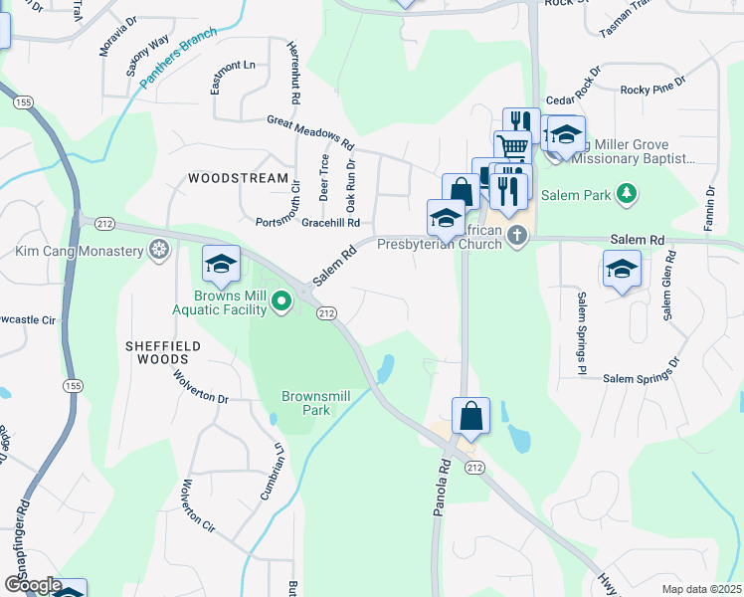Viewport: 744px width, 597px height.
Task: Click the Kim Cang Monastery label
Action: (80, 251)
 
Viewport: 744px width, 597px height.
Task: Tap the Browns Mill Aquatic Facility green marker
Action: (281, 299)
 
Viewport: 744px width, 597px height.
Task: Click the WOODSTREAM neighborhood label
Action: (230, 178)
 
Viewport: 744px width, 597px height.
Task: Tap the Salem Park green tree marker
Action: (626, 192)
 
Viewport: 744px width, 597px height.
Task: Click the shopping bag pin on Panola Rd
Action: (470, 416)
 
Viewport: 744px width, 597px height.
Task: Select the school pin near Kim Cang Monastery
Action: (221, 265)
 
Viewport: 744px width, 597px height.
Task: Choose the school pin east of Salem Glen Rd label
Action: (622, 269)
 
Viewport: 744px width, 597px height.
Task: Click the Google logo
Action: (32, 585)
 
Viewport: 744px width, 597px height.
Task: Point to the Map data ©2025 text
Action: (701, 589)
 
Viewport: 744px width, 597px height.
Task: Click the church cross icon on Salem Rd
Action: (515, 235)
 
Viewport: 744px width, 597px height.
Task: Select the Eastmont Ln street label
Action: (233, 66)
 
